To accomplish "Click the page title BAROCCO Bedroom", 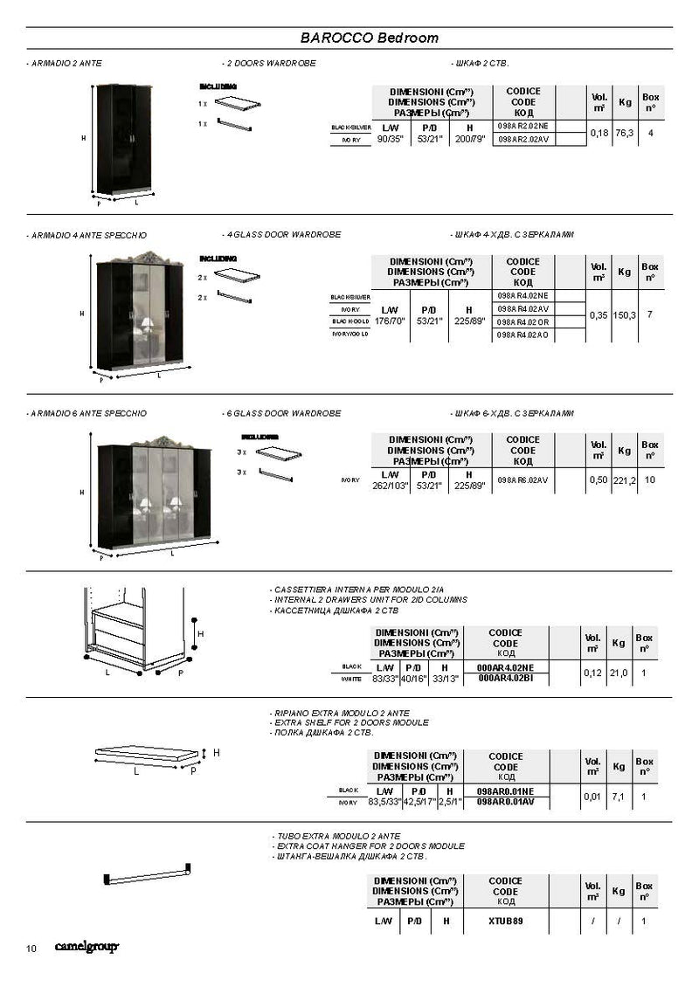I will click(369, 38).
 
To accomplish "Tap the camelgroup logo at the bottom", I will click(87, 947).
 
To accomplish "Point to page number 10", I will click(31, 949).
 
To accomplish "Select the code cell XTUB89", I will click(505, 921).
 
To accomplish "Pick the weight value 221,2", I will click(624, 480).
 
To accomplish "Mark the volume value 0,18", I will click(599, 133).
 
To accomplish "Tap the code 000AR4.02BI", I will click(506, 678).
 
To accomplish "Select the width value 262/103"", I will click(391, 486).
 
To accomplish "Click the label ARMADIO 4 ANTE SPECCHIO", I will click(87, 236).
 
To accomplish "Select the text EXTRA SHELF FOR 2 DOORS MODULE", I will click(351, 722).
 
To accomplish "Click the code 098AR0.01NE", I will click(505, 790).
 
